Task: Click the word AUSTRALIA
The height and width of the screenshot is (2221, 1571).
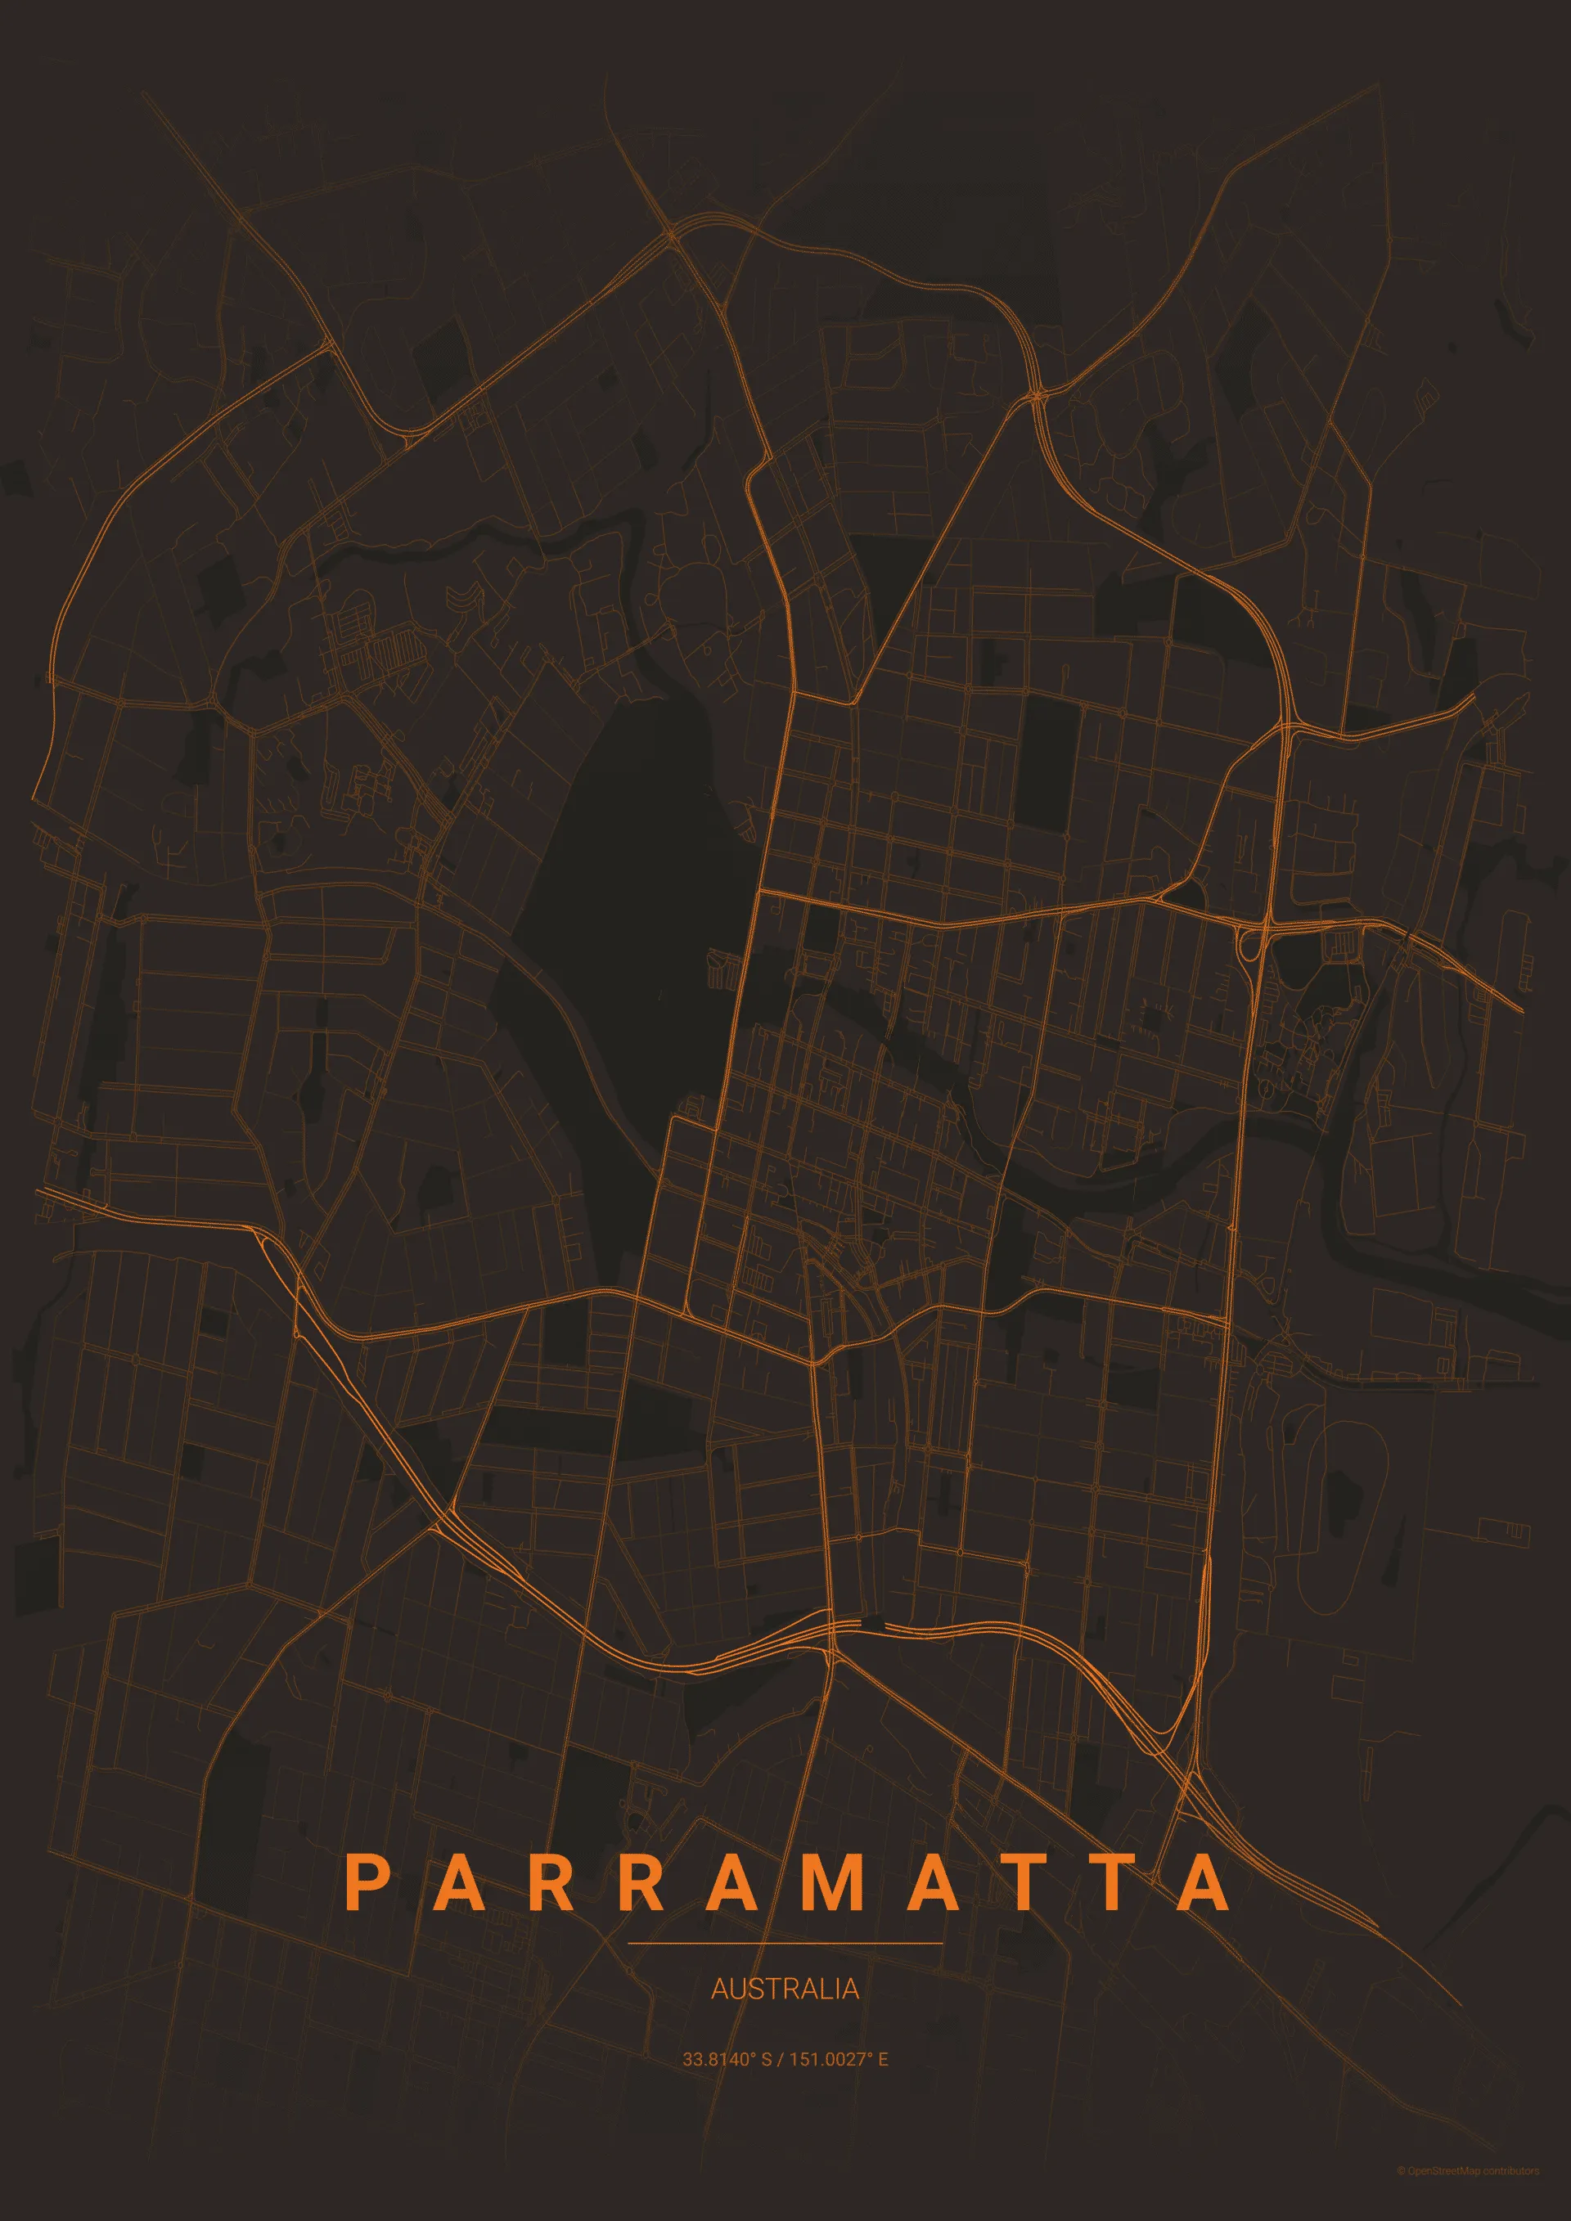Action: tap(785, 1988)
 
